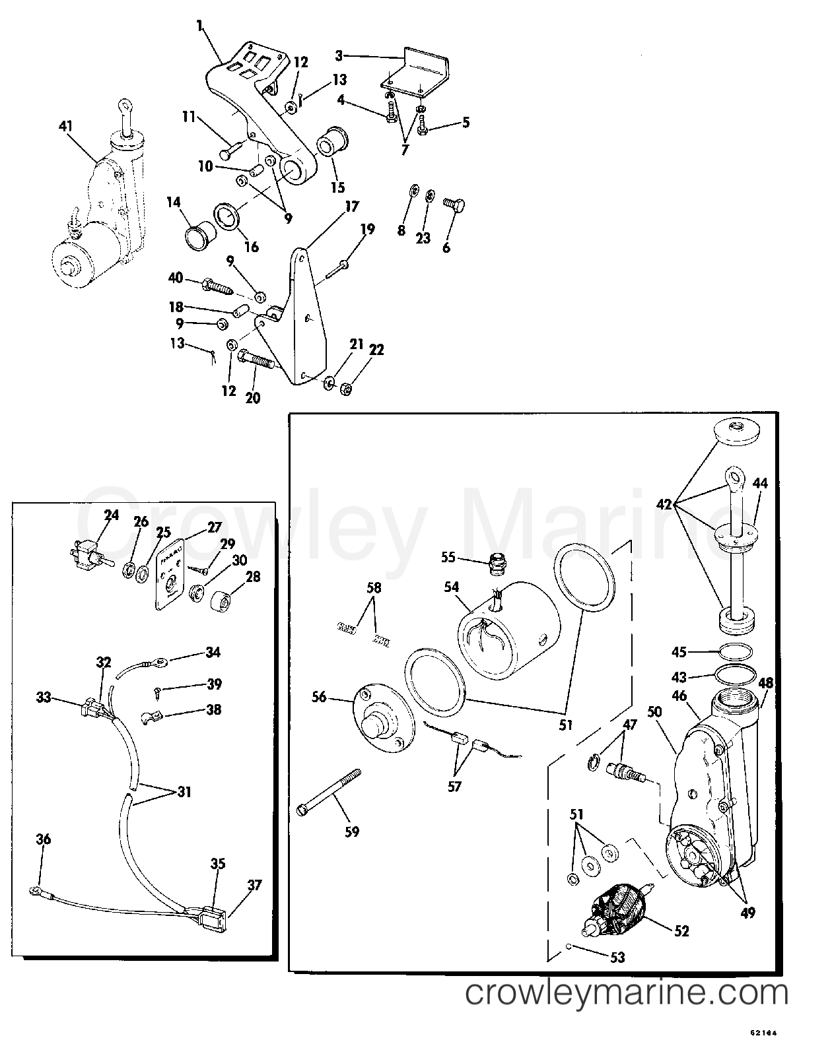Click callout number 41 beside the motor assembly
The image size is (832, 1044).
66,127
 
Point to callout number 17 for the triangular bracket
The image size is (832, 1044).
352,207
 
